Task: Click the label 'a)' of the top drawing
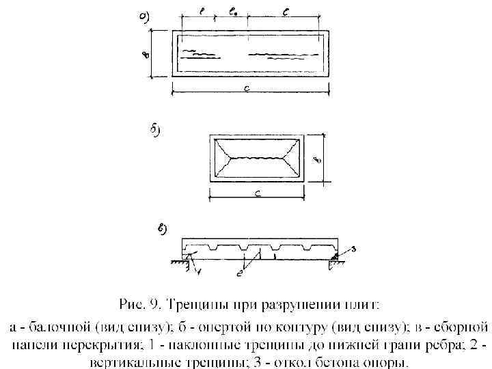(146, 16)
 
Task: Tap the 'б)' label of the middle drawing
(154, 130)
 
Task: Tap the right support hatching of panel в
(335, 261)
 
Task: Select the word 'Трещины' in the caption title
(199, 303)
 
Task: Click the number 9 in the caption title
(158, 303)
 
